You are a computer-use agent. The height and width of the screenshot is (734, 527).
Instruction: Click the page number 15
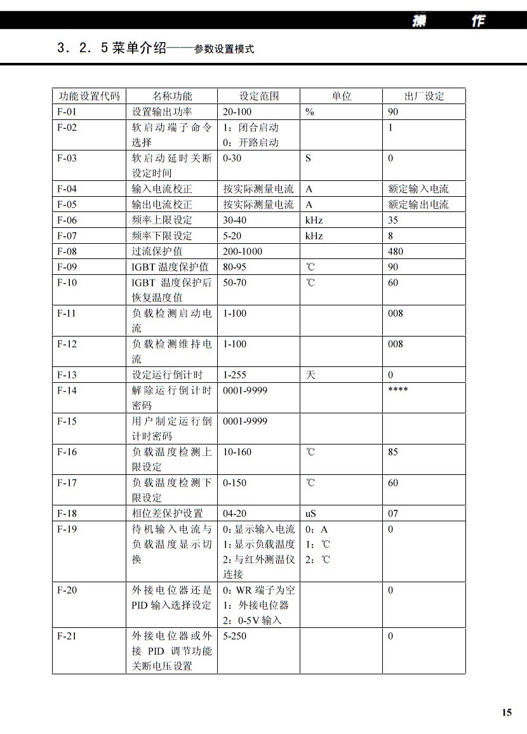click(x=506, y=712)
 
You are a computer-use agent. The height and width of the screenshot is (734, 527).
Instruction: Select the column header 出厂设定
click(x=424, y=97)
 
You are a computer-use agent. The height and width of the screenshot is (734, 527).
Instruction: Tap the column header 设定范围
click(x=258, y=97)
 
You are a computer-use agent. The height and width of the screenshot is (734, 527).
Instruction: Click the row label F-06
click(x=67, y=220)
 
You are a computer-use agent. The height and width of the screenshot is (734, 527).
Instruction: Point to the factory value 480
click(x=395, y=251)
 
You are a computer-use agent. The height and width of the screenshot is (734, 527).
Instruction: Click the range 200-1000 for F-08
click(x=243, y=251)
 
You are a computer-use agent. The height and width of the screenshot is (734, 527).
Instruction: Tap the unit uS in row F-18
click(x=312, y=514)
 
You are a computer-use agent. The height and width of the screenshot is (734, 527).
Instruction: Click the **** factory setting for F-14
click(x=397, y=390)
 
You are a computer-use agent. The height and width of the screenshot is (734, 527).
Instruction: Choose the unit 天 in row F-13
click(x=310, y=375)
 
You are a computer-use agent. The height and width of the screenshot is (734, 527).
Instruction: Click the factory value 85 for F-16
click(x=393, y=452)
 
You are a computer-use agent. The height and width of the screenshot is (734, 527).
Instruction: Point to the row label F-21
click(x=67, y=636)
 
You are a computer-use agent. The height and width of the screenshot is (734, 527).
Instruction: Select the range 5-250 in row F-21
click(x=235, y=636)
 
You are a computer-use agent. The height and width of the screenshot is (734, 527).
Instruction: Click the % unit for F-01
click(x=309, y=112)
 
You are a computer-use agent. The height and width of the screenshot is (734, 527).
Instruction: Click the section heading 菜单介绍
click(x=140, y=48)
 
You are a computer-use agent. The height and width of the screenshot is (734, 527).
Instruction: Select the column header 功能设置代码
click(x=89, y=97)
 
